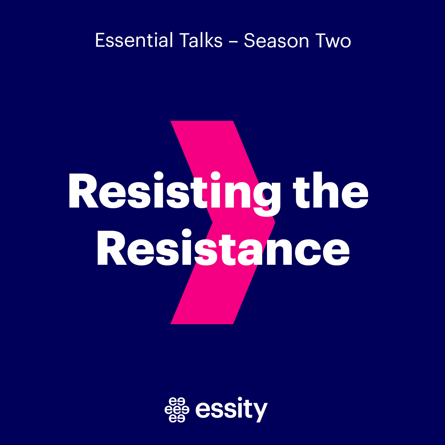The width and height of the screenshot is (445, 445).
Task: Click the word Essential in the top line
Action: point(134,41)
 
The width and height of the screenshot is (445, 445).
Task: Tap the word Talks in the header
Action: point(201,41)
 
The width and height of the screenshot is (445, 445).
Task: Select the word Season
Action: point(276,41)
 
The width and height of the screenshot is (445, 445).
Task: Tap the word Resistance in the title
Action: point(223,248)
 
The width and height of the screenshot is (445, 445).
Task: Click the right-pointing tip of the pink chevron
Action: point(274,222)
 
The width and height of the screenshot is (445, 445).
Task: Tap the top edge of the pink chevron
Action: point(202,122)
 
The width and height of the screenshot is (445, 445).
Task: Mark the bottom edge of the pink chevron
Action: point(202,323)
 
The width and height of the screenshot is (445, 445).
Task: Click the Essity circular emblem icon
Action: point(177,409)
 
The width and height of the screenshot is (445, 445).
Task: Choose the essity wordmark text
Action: point(231,409)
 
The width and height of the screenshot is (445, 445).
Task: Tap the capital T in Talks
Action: point(185,41)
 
